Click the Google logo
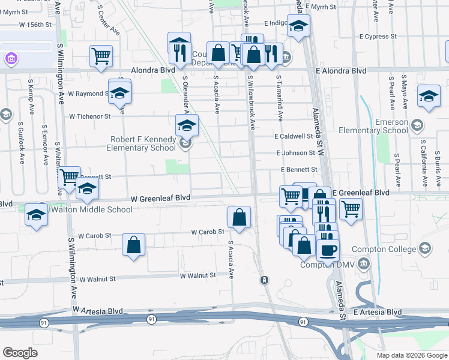[20, 353]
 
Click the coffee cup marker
[328, 249]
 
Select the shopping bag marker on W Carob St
[239, 217]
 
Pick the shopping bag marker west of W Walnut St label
[133, 244]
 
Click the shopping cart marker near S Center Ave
[101, 56]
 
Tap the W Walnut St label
[197, 275]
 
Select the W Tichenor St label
[90, 116]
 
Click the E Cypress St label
[378, 37]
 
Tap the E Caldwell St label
[295, 136]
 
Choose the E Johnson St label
[295, 153]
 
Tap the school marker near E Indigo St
[298, 26]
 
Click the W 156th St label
[35, 25]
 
